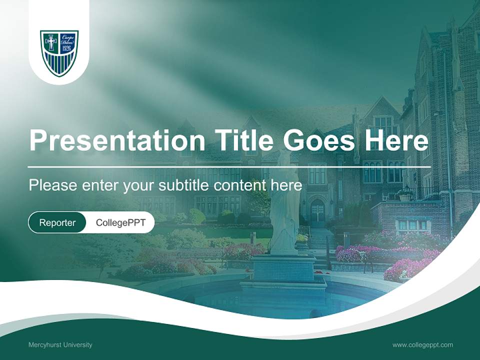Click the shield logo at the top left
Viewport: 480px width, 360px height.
point(59,52)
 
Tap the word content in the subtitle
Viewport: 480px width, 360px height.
point(240,185)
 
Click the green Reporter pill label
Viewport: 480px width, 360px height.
point(57,222)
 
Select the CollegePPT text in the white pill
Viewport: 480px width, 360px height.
point(120,222)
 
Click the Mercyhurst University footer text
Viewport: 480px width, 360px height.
point(60,345)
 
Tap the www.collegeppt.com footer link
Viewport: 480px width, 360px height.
point(422,345)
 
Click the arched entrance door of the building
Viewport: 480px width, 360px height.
point(317,210)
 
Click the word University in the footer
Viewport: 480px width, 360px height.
point(76,345)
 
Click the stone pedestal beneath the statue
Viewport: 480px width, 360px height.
point(282,267)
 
